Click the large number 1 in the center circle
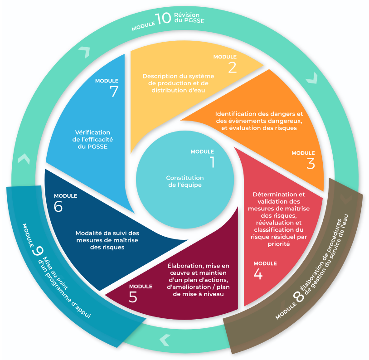tap(212, 162)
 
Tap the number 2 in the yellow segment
tap(232, 67)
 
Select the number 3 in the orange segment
tap(310, 163)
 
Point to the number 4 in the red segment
tap(258, 274)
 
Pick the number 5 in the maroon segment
tap(133, 297)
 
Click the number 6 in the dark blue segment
tap(58, 206)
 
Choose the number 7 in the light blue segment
tap(114, 91)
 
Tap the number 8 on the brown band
tap(298, 297)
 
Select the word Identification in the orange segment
tap(236, 114)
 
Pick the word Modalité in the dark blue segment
tap(90, 234)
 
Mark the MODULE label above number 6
tap(65, 196)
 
